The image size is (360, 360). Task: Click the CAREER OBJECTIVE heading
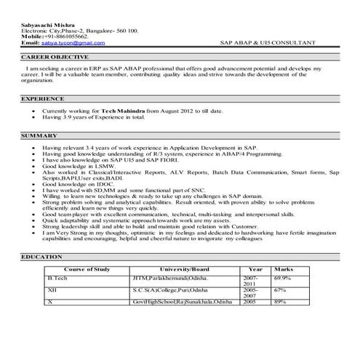click(x=55, y=57)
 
